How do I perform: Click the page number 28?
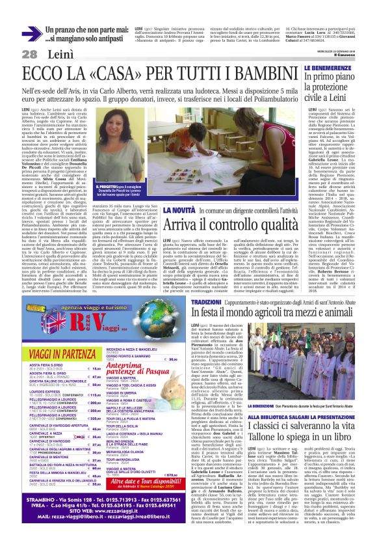pos(29,53)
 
